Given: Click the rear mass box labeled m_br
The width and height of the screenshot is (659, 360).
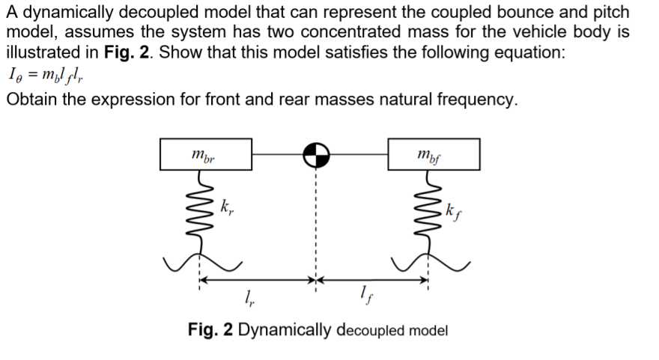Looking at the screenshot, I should pyautogui.click(x=206, y=154).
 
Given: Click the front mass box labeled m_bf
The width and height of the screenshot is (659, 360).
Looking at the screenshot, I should pyautogui.click(x=434, y=154).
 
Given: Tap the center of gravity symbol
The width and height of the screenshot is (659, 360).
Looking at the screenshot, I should pyautogui.click(x=317, y=155).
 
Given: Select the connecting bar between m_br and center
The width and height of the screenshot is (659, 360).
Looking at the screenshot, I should pyautogui.click(x=277, y=155).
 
